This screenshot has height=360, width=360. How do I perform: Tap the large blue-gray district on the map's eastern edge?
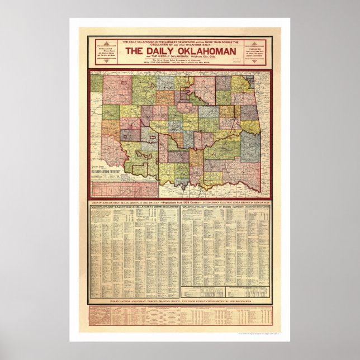tap(250, 146)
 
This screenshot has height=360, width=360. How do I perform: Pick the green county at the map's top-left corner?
tap(97, 83)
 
